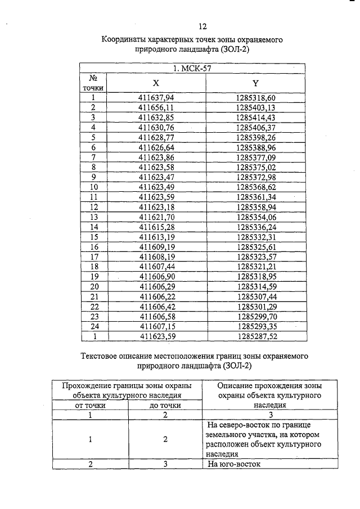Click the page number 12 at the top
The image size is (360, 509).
point(203,26)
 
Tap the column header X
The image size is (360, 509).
point(156,83)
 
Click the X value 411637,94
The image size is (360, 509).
point(156,98)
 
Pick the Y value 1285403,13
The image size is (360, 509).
point(256,107)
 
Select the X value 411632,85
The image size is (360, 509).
point(156,117)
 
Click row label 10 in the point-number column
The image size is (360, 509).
point(94,186)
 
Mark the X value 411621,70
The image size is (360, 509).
point(156,217)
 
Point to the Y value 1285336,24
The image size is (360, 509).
point(256,226)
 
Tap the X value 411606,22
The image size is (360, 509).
point(156,296)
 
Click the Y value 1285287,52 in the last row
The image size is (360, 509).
point(256,336)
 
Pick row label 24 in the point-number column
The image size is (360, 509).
point(94,326)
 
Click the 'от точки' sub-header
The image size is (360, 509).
point(91,405)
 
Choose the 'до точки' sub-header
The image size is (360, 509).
point(165,405)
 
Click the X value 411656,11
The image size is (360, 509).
point(156,107)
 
